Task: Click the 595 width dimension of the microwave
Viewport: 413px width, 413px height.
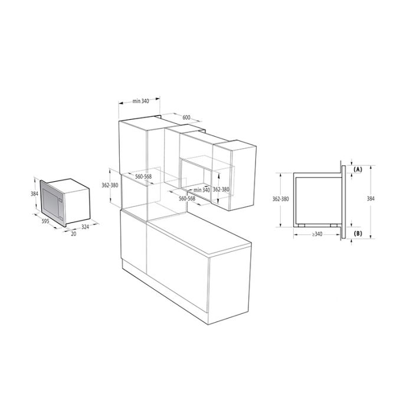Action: pyautogui.click(x=45, y=221)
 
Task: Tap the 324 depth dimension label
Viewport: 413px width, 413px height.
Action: pyautogui.click(x=85, y=227)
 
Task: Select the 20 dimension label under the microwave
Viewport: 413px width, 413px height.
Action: pyautogui.click(x=74, y=234)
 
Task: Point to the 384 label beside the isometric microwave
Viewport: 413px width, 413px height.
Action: pyautogui.click(x=34, y=194)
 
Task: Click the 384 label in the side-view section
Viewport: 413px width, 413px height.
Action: pyautogui.click(x=371, y=199)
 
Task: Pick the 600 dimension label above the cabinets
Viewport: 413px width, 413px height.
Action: pyautogui.click(x=186, y=117)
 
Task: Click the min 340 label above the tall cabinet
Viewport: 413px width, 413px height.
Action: pyautogui.click(x=140, y=101)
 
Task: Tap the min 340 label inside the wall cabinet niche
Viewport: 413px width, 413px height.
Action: pyautogui.click(x=202, y=190)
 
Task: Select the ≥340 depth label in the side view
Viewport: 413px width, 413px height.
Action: pyautogui.click(x=317, y=234)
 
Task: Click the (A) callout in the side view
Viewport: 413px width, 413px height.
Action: pyautogui.click(x=358, y=170)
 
